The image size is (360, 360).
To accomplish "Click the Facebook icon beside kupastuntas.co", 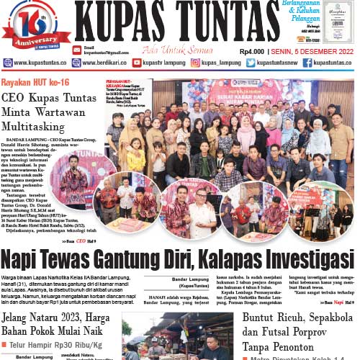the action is pos(307,63).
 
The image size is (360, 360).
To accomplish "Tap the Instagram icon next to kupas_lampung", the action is pos(195,63).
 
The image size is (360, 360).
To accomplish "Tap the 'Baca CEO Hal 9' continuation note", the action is pos(78,240).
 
